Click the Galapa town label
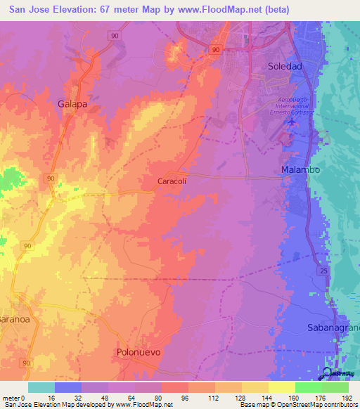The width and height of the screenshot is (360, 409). pos(72,103)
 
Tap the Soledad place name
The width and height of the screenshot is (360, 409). pos(285,66)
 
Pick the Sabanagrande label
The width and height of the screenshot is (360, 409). pos(333,327)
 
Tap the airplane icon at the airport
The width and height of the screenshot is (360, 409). pos(291,124)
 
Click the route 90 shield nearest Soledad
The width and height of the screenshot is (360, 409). pos(217,49)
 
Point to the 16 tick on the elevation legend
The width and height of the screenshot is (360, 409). pos(55,398)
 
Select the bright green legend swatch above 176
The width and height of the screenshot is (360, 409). pos(308,387)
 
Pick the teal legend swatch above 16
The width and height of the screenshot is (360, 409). pos(41,387)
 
